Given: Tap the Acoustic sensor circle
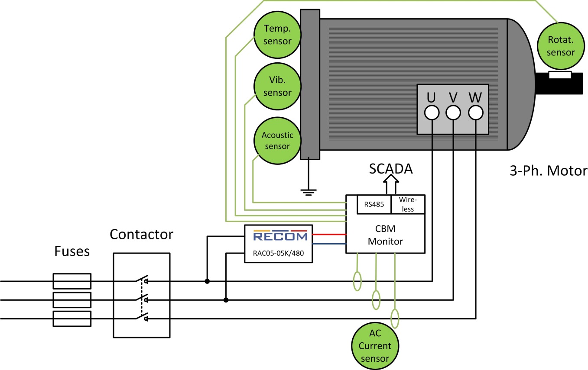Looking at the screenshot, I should click(277, 141).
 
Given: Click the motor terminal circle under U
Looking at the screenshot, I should click(432, 113).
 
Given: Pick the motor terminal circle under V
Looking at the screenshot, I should click(453, 113).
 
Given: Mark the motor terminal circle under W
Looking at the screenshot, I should click(476, 113).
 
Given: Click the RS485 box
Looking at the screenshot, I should click(374, 204).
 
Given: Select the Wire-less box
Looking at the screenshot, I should click(408, 204).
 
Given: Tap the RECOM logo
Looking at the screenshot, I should click(280, 236).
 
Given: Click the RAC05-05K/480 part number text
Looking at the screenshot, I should click(278, 254).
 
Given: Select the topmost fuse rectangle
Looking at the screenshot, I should click(72, 281).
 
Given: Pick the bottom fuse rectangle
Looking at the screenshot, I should click(72, 318).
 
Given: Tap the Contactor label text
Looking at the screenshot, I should click(141, 235).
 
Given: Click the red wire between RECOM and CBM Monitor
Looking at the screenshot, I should click(329, 234).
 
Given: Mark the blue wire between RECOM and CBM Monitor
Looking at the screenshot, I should click(329, 244).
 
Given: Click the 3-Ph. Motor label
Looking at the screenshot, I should click(548, 171).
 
